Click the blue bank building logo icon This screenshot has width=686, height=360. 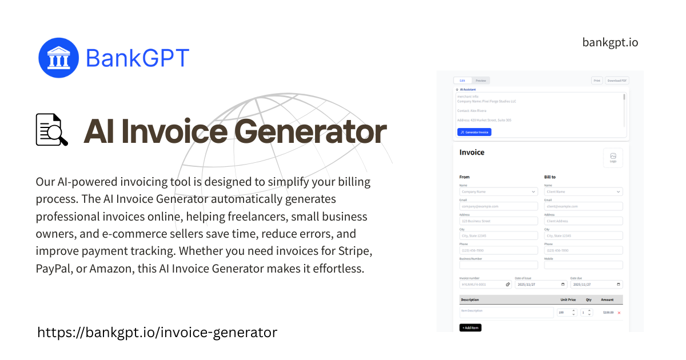pyautogui.click(x=58, y=58)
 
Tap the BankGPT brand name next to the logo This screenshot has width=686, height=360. pyautogui.click(x=137, y=58)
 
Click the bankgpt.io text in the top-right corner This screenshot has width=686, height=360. pyautogui.click(x=610, y=42)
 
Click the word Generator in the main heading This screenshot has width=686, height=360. pyautogui.click(x=310, y=131)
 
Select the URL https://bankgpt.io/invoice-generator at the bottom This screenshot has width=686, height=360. pyautogui.click(x=157, y=332)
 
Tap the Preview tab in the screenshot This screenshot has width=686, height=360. pyautogui.click(x=481, y=81)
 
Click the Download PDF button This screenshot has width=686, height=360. pyautogui.click(x=617, y=81)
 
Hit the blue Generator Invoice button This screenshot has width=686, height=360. pyautogui.click(x=474, y=132)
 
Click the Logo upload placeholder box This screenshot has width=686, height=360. pyautogui.click(x=613, y=158)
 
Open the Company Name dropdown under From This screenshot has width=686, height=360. pyautogui.click(x=498, y=192)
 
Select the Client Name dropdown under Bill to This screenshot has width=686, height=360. pyautogui.click(x=583, y=192)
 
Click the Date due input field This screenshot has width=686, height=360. pyautogui.click(x=596, y=284)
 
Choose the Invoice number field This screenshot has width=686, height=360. pyautogui.click(x=485, y=284)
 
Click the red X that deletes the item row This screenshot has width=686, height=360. pyautogui.click(x=619, y=313)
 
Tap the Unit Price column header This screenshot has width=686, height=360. pyautogui.click(x=567, y=299)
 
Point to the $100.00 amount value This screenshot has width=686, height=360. pyautogui.click(x=608, y=313)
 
